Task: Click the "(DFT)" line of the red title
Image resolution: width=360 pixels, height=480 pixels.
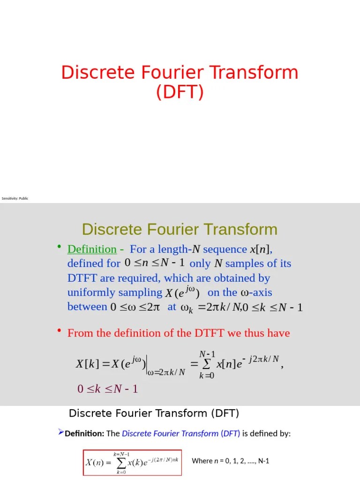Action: pyautogui.click(x=180, y=92)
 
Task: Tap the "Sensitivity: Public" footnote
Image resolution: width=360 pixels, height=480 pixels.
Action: pyautogui.click(x=15, y=199)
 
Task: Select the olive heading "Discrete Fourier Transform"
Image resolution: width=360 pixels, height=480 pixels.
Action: pyautogui.click(x=180, y=230)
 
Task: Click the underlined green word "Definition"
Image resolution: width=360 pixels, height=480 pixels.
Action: pyautogui.click(x=92, y=249)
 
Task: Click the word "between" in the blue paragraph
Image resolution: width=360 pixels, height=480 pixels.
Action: pyautogui.click(x=87, y=307)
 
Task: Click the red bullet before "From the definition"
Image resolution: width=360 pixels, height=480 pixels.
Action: pyautogui.click(x=60, y=331)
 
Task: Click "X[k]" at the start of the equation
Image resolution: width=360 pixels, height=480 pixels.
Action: pyautogui.click(x=85, y=363)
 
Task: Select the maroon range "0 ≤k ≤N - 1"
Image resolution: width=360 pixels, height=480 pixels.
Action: pyautogui.click(x=107, y=389)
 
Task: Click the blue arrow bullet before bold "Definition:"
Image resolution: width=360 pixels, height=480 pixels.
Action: pyautogui.click(x=60, y=432)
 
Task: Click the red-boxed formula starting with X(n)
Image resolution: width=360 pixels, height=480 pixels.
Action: pyautogui.click(x=132, y=462)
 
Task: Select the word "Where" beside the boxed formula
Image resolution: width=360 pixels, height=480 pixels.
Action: pyautogui.click(x=202, y=461)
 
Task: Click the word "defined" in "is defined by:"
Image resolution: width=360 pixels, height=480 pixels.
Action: pyautogui.click(x=264, y=434)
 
